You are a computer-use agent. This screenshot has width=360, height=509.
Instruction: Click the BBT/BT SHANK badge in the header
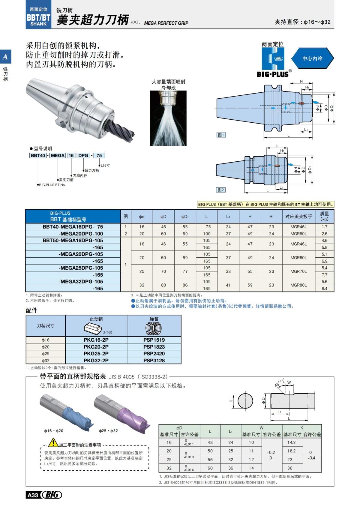[38, 18]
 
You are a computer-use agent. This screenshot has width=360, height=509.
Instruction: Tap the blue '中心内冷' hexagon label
[312, 58]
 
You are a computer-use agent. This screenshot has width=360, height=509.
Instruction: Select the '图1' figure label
[221, 135]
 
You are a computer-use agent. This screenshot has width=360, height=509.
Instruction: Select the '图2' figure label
[221, 190]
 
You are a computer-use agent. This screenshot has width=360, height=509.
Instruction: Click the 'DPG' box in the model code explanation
[83, 155]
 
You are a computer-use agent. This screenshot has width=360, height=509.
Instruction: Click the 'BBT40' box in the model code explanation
[38, 155]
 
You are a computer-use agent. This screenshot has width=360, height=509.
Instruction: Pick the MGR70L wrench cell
[298, 271]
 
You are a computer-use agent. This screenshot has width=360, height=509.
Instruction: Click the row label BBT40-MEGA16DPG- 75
[73, 227]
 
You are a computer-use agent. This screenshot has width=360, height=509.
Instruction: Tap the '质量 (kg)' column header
[324, 216]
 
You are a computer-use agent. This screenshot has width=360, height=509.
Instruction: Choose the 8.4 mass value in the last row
[324, 289]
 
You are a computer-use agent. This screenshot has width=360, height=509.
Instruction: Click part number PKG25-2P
[96, 354]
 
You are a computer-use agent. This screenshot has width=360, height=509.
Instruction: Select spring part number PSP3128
[154, 361]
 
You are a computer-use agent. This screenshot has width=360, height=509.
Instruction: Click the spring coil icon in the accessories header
[154, 329]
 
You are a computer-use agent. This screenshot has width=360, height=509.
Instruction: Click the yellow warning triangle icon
[53, 442]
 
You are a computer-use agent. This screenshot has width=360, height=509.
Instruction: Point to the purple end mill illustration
[126, 412]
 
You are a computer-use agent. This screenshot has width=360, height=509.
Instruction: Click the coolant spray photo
[168, 118]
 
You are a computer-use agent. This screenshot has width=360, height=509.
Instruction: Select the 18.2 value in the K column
[291, 451]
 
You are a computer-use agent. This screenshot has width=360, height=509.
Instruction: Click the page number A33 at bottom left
[33, 495]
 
